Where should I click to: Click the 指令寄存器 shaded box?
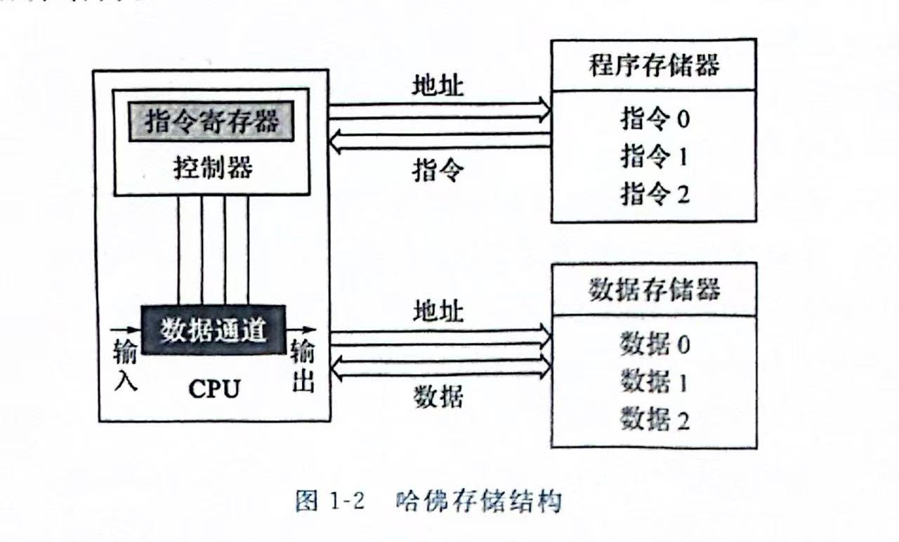pyautogui.click(x=211, y=122)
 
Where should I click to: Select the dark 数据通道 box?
pyautogui.click(x=214, y=330)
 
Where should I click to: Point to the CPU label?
pyautogui.click(x=214, y=389)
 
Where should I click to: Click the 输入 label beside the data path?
pyautogui.click(x=125, y=366)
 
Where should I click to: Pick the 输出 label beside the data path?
pyautogui.click(x=303, y=366)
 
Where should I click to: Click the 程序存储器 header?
pyautogui.click(x=653, y=65)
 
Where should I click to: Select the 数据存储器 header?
pyautogui.click(x=653, y=289)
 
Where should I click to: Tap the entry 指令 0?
pyautogui.click(x=655, y=119)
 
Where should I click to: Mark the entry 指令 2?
pyautogui.click(x=655, y=193)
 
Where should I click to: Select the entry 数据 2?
pyautogui.click(x=655, y=420)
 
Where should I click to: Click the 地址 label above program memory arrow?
pyautogui.click(x=438, y=86)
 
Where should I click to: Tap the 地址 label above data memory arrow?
pyautogui.click(x=438, y=309)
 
